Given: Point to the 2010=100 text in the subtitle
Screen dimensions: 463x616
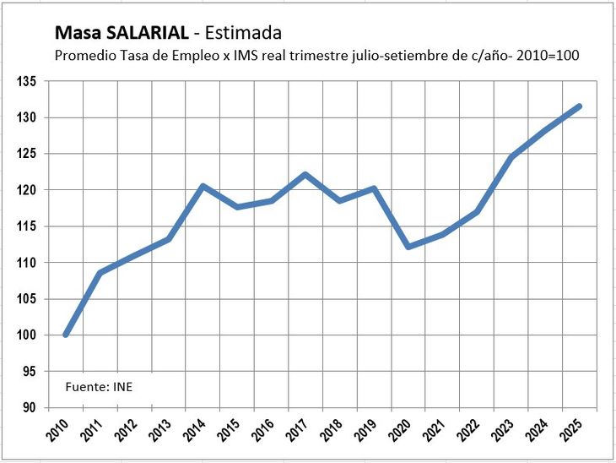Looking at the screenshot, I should coord(553,55).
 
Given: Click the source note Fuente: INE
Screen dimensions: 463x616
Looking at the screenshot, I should coord(99,387).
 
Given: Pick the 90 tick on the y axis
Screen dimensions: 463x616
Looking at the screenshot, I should coord(30,408).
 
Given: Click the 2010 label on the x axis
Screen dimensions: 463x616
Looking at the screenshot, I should coord(58,428).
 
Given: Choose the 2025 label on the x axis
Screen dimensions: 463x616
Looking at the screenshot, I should coord(573,428).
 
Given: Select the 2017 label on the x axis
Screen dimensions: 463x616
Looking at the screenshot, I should coord(299,428).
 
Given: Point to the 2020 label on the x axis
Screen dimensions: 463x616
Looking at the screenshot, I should coord(402,428).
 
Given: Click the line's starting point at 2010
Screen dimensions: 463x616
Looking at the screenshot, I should coord(66,335).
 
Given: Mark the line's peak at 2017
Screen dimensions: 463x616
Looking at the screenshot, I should coord(305,175).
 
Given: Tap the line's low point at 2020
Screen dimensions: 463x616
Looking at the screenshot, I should coord(408,247).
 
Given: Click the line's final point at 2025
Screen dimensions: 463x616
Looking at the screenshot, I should coord(579,106).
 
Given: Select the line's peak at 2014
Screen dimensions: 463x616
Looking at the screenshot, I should coord(203,186).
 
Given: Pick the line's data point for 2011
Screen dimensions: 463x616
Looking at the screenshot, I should coord(100,273).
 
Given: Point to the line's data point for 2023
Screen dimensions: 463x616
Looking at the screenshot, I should coord(511,157).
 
